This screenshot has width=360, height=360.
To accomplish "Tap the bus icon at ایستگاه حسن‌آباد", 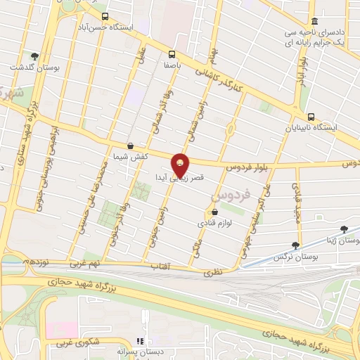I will [x=105, y=16].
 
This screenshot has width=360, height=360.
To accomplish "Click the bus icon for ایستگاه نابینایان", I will [x=311, y=117].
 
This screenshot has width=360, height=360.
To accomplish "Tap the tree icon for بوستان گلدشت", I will [x=34, y=56].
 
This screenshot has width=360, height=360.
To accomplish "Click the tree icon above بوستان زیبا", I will [x=344, y=229].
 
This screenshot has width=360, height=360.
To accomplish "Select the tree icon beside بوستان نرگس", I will [x=295, y=245].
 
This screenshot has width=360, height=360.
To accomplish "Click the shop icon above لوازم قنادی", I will [x=214, y=212].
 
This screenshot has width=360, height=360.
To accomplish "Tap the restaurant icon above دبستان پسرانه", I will [x=147, y=339].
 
